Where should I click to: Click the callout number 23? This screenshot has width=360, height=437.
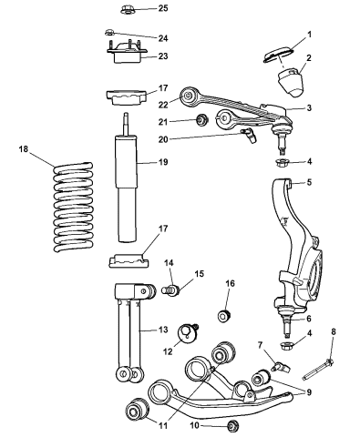tap(163, 56)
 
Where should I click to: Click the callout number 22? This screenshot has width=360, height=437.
tap(163, 105)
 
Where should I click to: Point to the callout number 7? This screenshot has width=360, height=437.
tap(260, 344)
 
